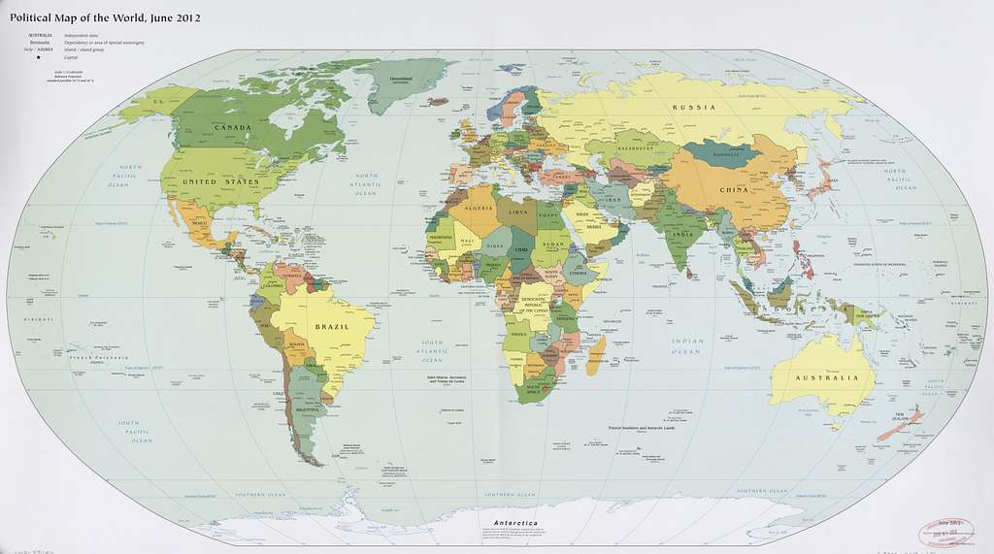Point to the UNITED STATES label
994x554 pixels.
click(x=228, y=181)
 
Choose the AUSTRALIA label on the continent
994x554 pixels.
click(x=827, y=377)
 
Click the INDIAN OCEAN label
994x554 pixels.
click(x=688, y=346)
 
